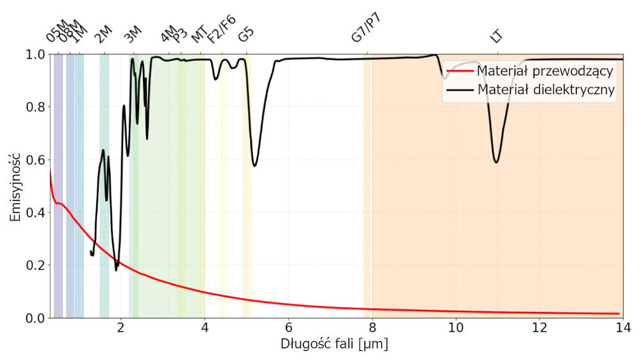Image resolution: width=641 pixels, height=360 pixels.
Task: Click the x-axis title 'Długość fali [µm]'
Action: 334,344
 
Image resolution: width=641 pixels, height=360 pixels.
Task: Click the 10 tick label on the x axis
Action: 456,328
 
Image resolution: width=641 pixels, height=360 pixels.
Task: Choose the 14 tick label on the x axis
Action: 622,328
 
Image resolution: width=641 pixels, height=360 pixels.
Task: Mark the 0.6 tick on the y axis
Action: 50,160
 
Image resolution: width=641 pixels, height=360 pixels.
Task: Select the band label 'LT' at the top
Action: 496,36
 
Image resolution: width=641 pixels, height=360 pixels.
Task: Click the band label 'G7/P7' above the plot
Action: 366,28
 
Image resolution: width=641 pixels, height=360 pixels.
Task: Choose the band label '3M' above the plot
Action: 133,35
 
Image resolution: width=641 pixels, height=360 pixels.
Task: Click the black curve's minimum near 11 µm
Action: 496,162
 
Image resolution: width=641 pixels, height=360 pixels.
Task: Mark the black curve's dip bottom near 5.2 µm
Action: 254,166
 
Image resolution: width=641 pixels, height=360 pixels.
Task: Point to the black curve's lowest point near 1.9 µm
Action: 116,270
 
